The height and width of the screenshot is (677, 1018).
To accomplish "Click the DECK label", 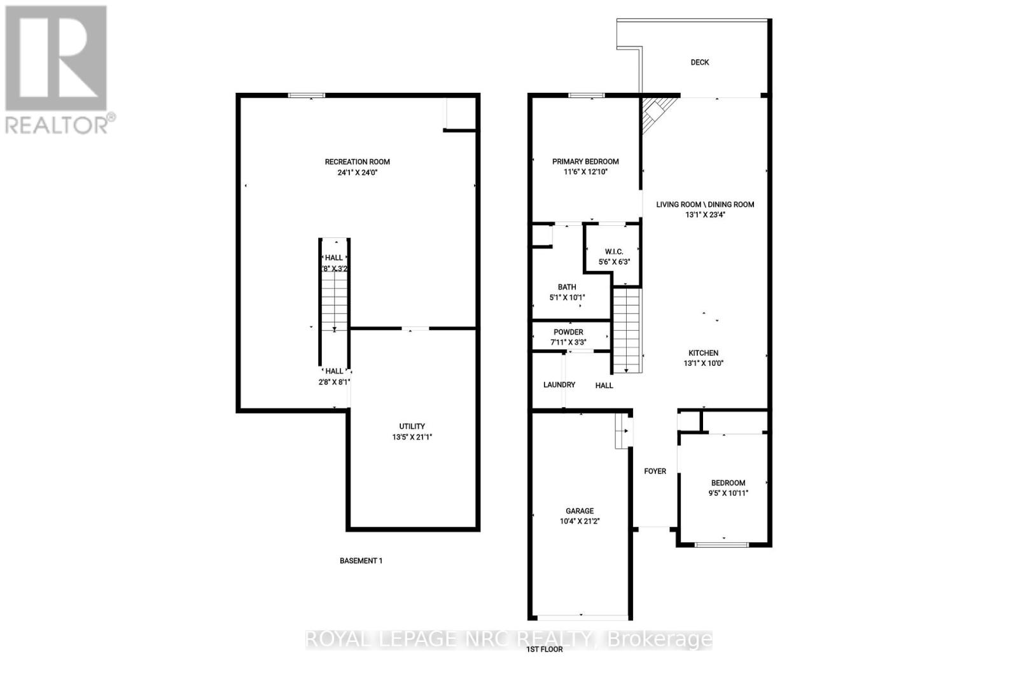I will pyautogui.click(x=700, y=62).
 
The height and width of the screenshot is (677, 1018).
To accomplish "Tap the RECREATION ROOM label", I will pyautogui.click(x=357, y=162).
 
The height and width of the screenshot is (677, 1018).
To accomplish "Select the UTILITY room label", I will pyautogui.click(x=412, y=426).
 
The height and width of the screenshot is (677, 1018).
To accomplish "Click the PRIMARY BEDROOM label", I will pyautogui.click(x=585, y=162).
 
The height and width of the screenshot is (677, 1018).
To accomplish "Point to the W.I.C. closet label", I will pyautogui.click(x=613, y=252).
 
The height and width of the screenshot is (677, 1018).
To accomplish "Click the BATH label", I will pyautogui.click(x=567, y=288).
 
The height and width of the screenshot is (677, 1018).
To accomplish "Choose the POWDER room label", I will pyautogui.click(x=568, y=332).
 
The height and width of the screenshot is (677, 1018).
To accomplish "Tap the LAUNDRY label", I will pyautogui.click(x=559, y=385).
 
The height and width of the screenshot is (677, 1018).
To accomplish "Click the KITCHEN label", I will pyautogui.click(x=703, y=353).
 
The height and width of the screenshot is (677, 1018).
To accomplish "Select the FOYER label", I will pyautogui.click(x=655, y=471).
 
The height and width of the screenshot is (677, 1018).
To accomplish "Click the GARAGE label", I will pyautogui.click(x=580, y=511).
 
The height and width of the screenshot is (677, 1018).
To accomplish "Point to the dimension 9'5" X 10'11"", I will pyautogui.click(x=728, y=493).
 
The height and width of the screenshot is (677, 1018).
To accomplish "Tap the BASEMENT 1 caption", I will pyautogui.click(x=361, y=561).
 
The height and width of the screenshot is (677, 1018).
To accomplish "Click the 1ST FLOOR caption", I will pyautogui.click(x=544, y=650).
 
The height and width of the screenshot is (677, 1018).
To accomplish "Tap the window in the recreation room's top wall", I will pyautogui.click(x=306, y=95).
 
